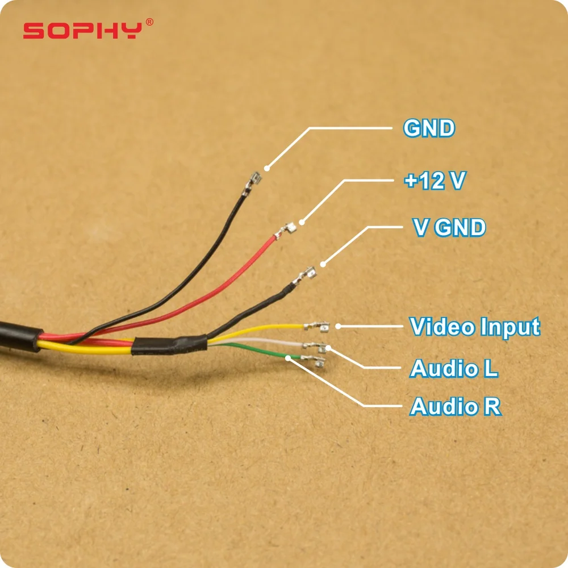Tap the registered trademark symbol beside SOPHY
(149, 22)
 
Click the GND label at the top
(429, 128)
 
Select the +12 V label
(435, 181)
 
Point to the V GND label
(449, 228)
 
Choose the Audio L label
(454, 369)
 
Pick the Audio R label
(456, 407)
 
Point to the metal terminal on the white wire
(314, 344)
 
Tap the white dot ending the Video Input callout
(338, 326)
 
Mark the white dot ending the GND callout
(267, 168)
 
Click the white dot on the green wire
(289, 358)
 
